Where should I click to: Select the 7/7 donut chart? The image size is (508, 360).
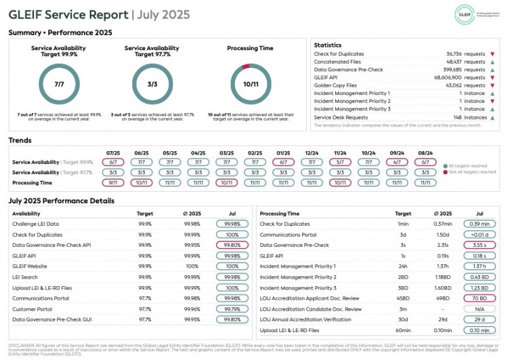60,84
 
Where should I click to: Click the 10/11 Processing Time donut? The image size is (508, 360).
251,84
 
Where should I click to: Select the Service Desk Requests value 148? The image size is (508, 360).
467,117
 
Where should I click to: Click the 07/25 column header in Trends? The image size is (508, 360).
113,153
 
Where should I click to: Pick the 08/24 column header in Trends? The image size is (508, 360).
425,153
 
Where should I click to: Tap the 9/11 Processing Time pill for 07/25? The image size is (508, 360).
113,182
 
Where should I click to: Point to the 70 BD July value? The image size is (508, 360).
480,298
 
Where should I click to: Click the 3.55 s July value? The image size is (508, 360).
480,245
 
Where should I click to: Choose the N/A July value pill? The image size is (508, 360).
480,308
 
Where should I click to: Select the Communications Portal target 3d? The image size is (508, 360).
403,234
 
